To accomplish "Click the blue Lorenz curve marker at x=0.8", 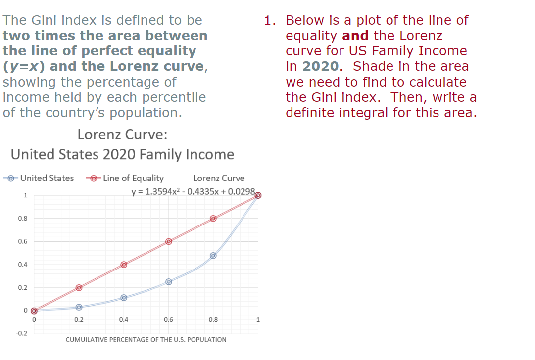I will pyautogui.click(x=213, y=256).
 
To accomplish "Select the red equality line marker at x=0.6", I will pyautogui.click(x=169, y=241).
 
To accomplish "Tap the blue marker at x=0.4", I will pyautogui.click(x=124, y=298).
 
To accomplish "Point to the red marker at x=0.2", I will pyautogui.click(x=79, y=287).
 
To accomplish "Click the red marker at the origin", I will pyautogui.click(x=34, y=311).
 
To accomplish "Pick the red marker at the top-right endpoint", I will pyautogui.click(x=258, y=195).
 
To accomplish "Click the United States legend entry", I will pyautogui.click(x=47, y=178).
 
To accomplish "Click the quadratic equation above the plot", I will pyautogui.click(x=193, y=191).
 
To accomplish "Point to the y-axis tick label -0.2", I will pyautogui.click(x=22, y=334).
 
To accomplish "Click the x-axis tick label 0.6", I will pyautogui.click(x=168, y=319).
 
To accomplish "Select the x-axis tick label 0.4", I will pyautogui.click(x=124, y=319).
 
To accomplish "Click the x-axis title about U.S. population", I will pyautogui.click(x=146, y=340).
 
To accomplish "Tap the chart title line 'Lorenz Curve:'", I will pyautogui.click(x=122, y=135).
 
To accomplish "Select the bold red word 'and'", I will pyautogui.click(x=355, y=36).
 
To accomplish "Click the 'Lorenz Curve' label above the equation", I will pyautogui.click(x=219, y=178).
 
